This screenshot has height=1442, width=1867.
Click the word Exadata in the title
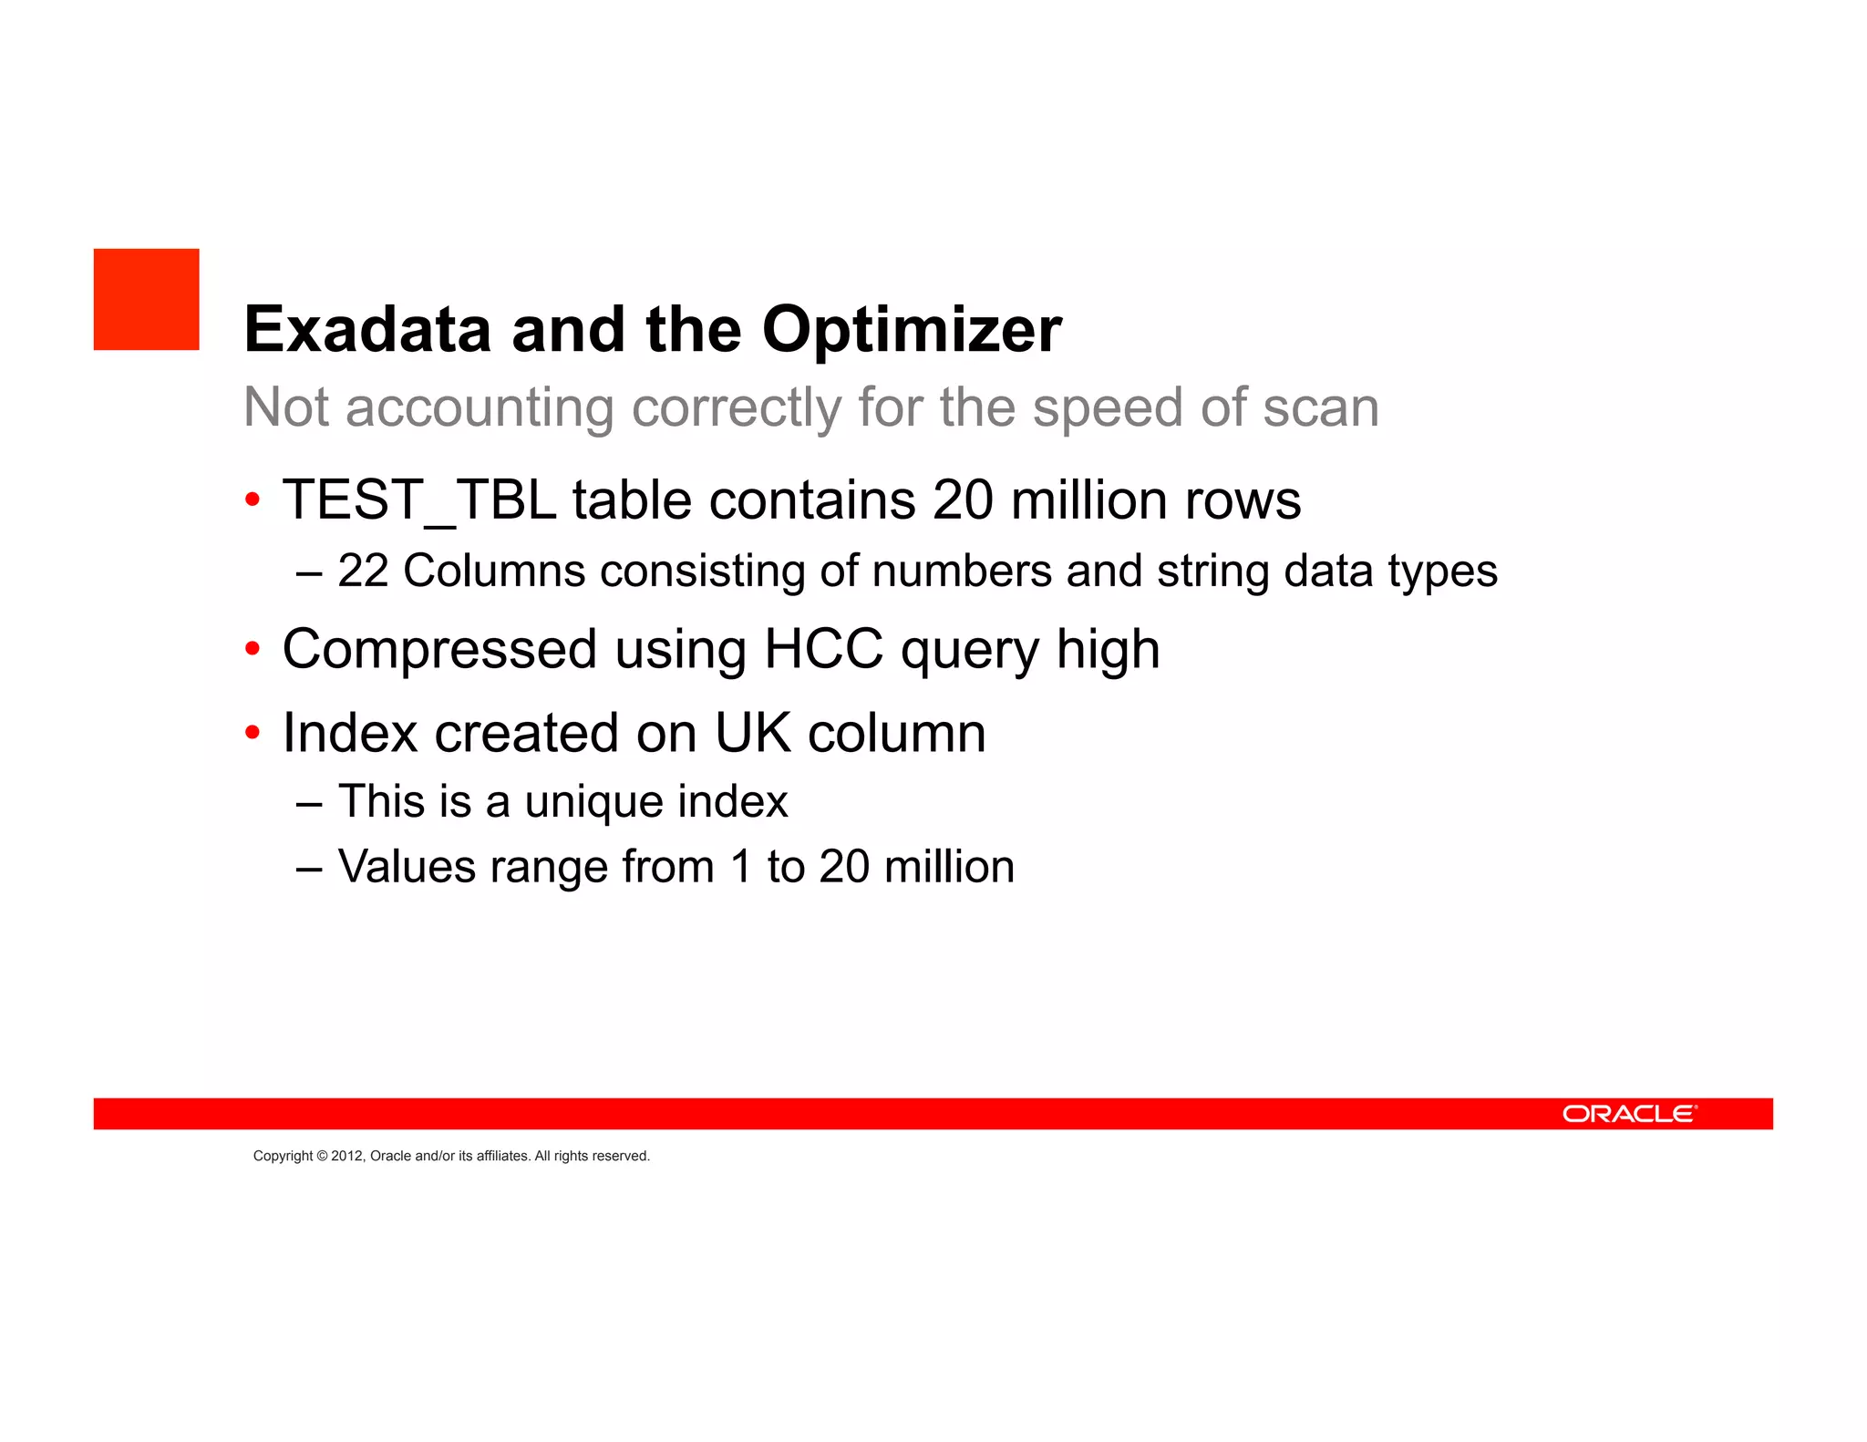coord(367,329)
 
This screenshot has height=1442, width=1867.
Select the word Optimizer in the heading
coord(912,329)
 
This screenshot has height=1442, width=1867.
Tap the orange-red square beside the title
coord(146,299)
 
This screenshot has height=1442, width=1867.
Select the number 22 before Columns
coord(363,572)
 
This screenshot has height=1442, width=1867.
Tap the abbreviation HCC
coord(823,649)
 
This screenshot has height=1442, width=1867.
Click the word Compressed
coord(439,649)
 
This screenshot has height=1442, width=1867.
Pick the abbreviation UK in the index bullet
coord(753,733)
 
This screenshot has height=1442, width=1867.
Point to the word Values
coord(407,866)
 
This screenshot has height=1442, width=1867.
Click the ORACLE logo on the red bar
coord(1629,1114)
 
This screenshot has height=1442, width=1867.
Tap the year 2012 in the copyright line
coord(346,1156)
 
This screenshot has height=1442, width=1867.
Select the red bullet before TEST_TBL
coord(253,500)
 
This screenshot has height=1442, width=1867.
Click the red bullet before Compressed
coord(253,650)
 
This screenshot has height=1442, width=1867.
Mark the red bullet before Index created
coord(253,733)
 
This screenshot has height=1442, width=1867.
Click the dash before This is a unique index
coord(309,803)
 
